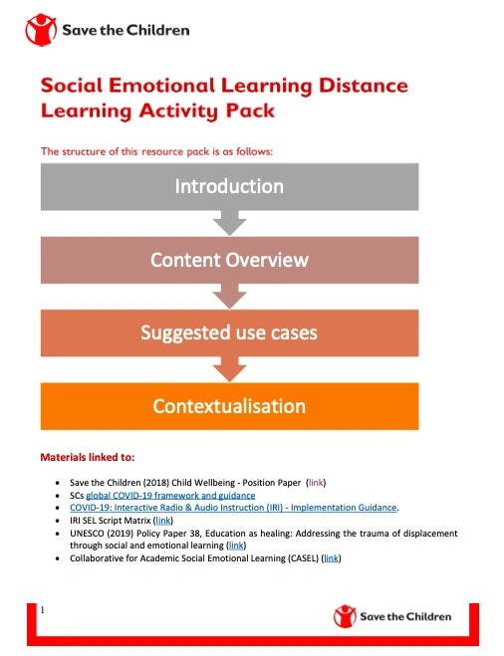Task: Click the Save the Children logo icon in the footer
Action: point(345,616)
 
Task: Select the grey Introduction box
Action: point(229,186)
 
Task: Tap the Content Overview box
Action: point(229,260)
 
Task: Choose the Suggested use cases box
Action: point(229,332)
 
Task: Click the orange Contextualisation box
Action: point(229,406)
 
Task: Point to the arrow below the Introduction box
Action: point(230,224)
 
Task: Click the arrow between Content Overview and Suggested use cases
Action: point(230,297)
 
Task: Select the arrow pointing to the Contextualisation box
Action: point(230,370)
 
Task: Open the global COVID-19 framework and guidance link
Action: point(170,495)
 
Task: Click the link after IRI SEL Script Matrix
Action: point(164,520)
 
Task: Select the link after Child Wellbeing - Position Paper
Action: point(316,482)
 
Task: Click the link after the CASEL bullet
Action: point(331,558)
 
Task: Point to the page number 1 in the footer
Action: point(43,606)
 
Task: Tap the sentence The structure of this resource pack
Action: point(155,151)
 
